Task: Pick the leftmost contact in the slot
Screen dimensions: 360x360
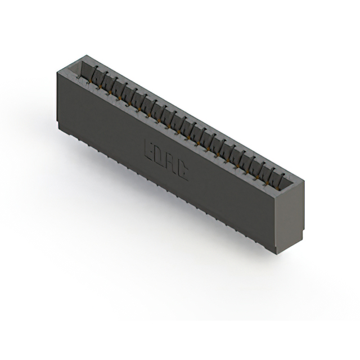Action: (x=96, y=73)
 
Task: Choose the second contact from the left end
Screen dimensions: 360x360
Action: (x=105, y=79)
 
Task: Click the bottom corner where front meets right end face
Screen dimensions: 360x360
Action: (x=277, y=254)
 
